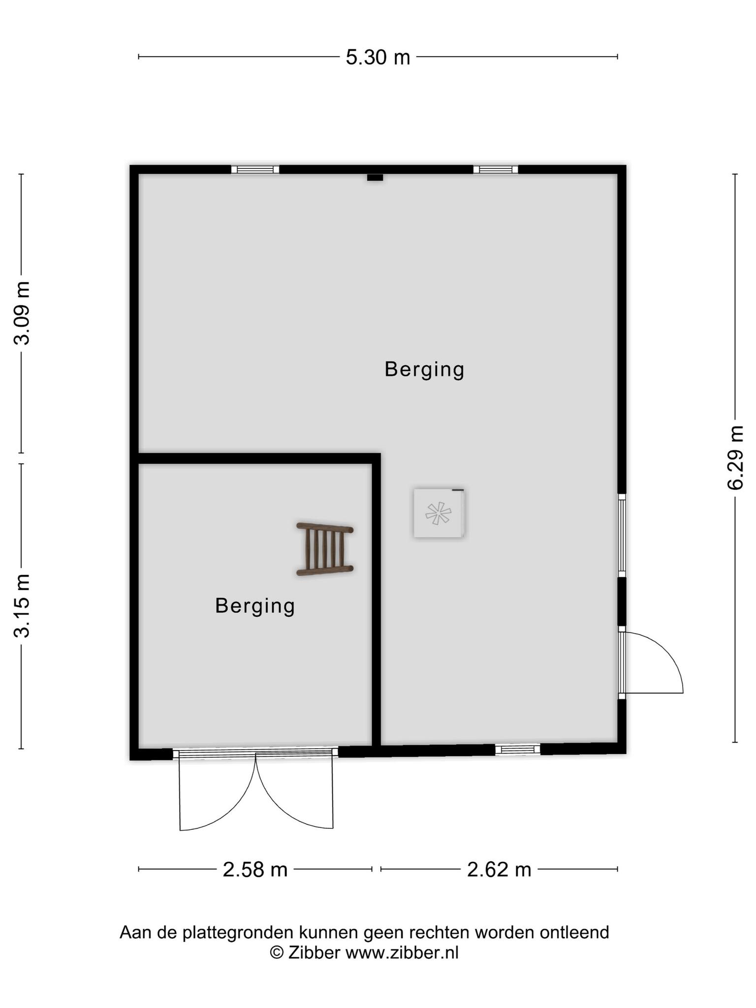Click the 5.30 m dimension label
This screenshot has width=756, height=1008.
coord(378,58)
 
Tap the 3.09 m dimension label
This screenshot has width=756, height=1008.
coord(22,313)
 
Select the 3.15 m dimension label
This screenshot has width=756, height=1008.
coord(22,605)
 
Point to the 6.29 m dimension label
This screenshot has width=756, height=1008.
coord(735,458)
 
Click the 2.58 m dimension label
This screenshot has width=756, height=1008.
coord(255,870)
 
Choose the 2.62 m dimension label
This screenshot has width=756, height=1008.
coord(499,870)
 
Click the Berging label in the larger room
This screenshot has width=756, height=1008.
coord(424,370)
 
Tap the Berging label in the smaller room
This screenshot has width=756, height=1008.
coord(255,606)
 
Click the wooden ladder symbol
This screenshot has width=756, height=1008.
coord(325,549)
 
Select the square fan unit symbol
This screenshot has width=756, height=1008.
coord(439,513)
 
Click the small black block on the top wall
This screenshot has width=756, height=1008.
coord(375,177)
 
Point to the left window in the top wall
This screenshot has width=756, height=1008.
coord(255,169)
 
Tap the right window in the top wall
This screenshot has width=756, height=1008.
coord(496,169)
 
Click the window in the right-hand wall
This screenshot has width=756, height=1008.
coord(622,535)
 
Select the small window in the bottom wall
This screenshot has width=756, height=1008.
coord(518,749)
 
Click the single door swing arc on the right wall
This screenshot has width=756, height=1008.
coord(664,652)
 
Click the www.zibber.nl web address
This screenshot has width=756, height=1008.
coord(402,952)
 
